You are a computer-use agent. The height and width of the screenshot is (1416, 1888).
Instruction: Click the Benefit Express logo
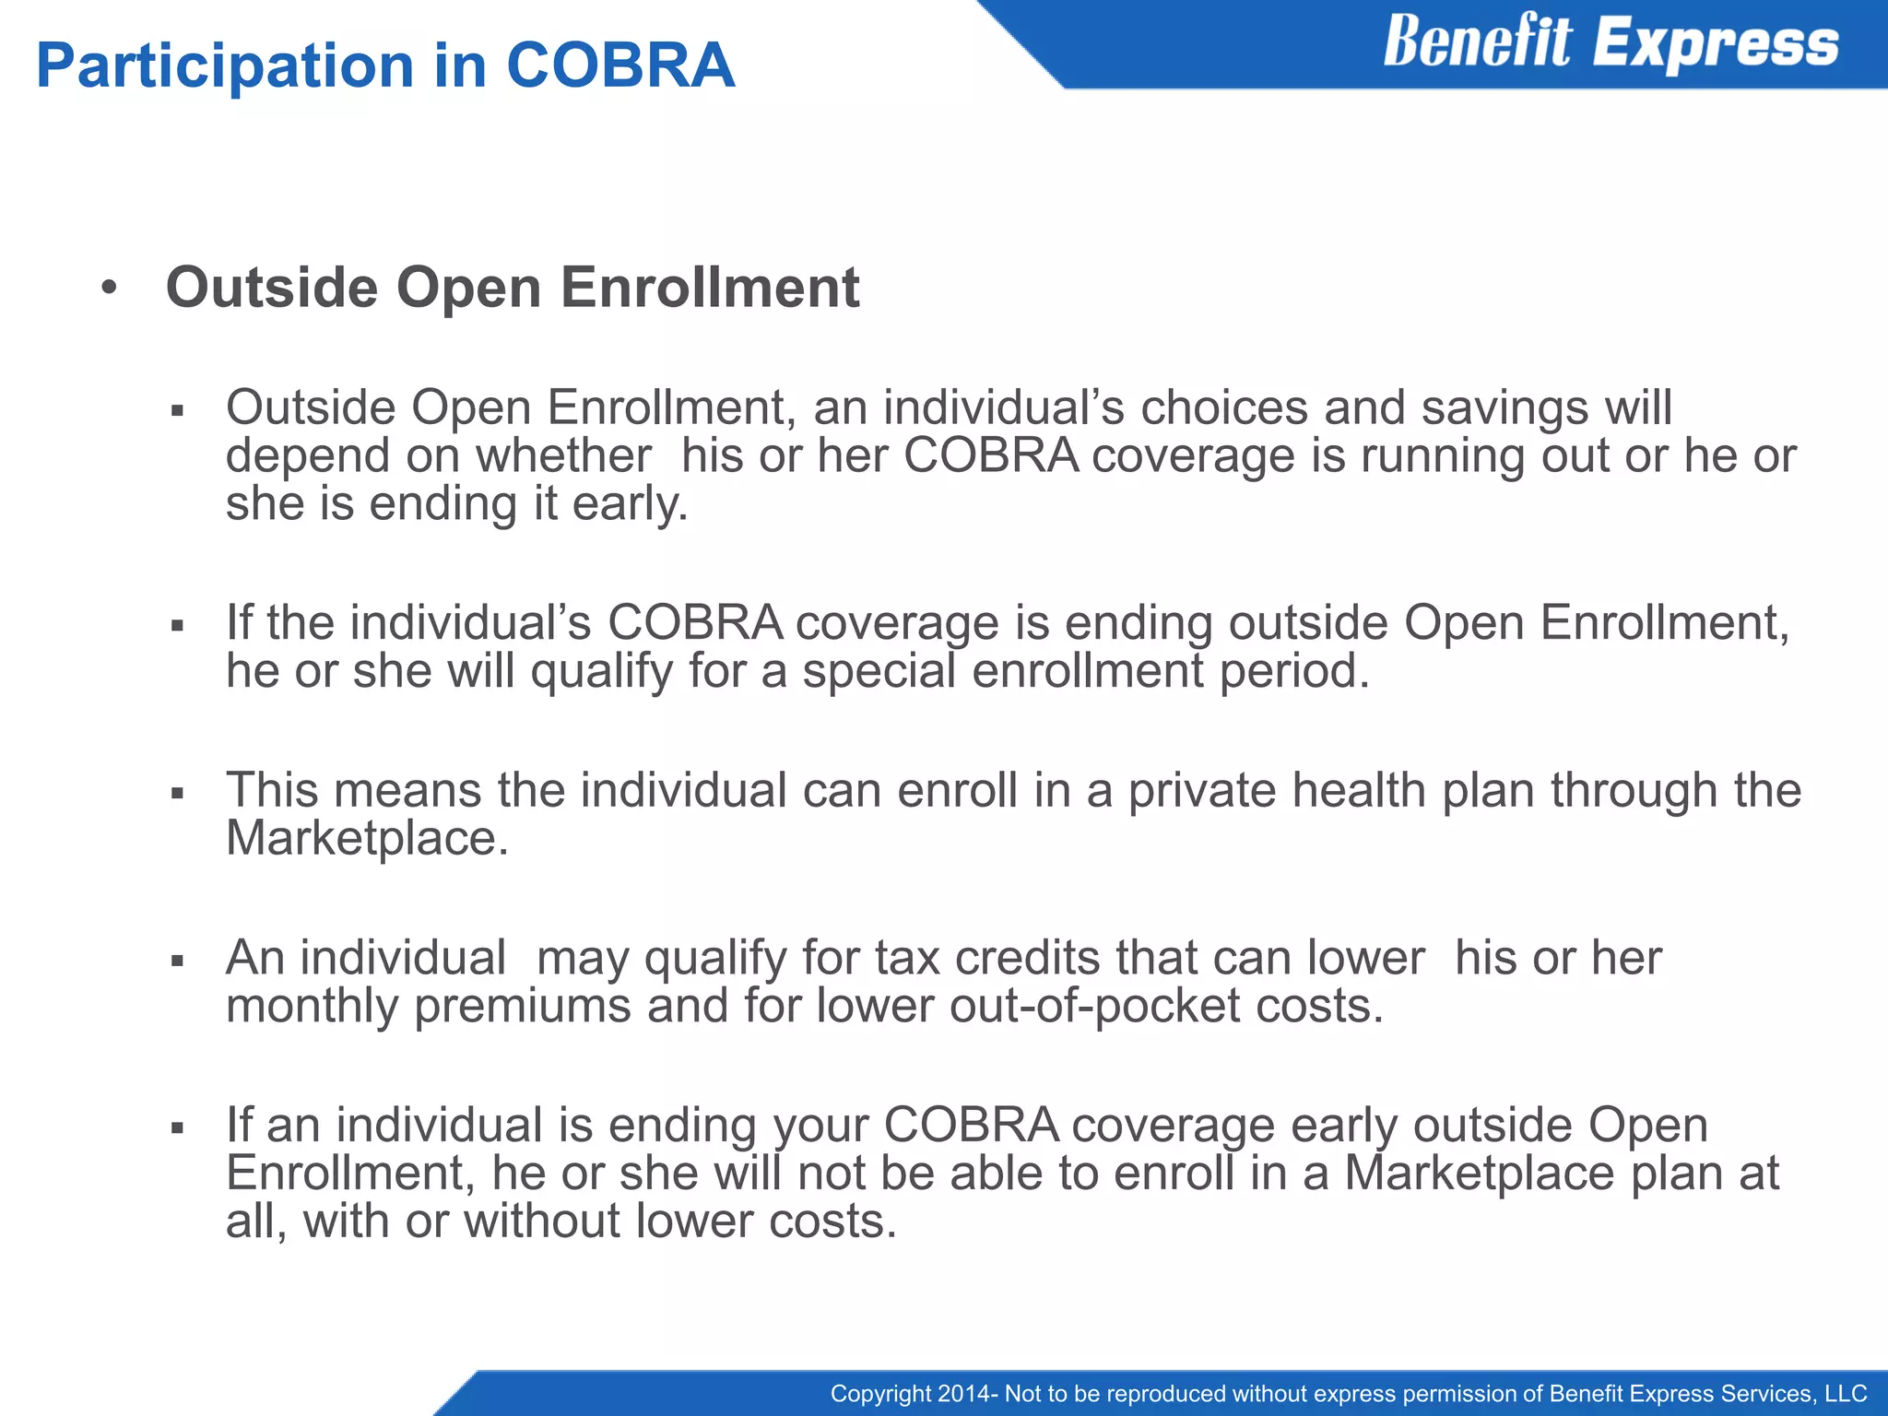pyautogui.click(x=1610, y=42)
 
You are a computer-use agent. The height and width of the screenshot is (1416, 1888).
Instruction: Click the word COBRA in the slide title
pyautogui.click(x=620, y=66)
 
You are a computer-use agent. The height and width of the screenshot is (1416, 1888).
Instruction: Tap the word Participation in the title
pyautogui.click(x=225, y=66)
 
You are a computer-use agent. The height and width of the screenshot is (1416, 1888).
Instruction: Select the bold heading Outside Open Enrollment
pyautogui.click(x=512, y=287)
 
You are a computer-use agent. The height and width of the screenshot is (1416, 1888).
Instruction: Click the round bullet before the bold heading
pyautogui.click(x=110, y=289)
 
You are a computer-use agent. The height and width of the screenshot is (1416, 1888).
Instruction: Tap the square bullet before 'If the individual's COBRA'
pyautogui.click(x=178, y=626)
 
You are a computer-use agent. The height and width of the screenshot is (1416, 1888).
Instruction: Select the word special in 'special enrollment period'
pyautogui.click(x=879, y=670)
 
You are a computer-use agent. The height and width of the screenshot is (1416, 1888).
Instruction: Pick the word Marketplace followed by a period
pyautogui.click(x=366, y=839)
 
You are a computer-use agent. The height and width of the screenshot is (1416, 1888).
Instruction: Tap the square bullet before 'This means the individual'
pyautogui.click(x=178, y=793)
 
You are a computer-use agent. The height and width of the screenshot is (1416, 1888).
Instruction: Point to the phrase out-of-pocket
pyautogui.click(x=1094, y=1006)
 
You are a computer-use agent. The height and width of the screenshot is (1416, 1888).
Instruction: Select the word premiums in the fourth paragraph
pyautogui.click(x=522, y=1006)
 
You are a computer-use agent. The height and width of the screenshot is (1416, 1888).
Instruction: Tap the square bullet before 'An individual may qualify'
pyautogui.click(x=178, y=961)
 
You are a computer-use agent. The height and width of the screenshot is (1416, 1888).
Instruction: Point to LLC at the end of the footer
pyautogui.click(x=1846, y=1394)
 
